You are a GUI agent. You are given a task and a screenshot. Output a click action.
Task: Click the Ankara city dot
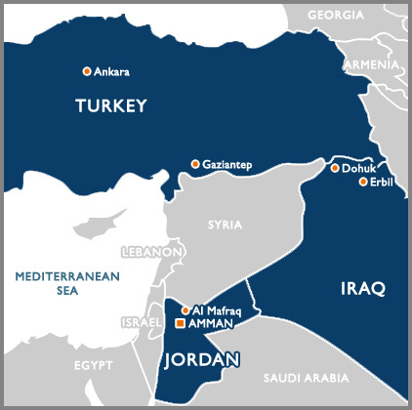[x=87, y=71]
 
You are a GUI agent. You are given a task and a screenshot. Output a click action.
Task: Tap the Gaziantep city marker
[x=195, y=164]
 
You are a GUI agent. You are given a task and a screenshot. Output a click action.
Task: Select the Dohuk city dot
[x=335, y=168]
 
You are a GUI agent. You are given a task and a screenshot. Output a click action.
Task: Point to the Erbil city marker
[x=363, y=182]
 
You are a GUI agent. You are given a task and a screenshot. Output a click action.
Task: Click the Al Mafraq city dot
[x=185, y=310]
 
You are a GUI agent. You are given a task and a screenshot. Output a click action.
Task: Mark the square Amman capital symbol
[x=180, y=323]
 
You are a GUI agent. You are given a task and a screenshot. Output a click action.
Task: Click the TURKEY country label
[x=110, y=105]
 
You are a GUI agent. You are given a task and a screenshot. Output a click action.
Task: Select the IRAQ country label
[x=365, y=288]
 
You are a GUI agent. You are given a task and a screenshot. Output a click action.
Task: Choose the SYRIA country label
[x=225, y=225]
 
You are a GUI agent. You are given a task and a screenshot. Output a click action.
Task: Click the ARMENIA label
[x=372, y=63]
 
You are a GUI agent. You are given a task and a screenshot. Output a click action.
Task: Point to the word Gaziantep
[x=227, y=165]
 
